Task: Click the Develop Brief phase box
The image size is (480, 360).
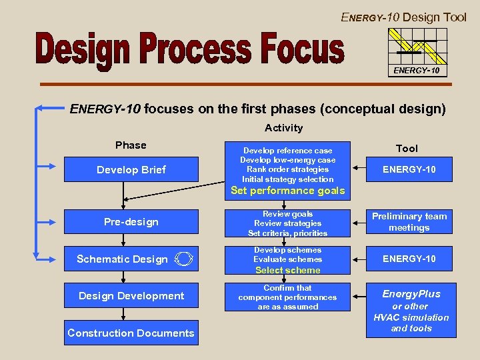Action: click(131, 169)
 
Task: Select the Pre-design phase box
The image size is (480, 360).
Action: click(131, 221)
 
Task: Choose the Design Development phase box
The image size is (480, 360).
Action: click(131, 295)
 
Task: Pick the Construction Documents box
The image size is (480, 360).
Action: click(131, 333)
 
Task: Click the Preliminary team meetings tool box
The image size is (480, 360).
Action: click(409, 221)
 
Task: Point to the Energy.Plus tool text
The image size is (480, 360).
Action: click(411, 293)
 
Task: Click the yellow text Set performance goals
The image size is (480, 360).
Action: click(287, 191)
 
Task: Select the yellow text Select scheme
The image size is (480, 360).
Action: click(287, 270)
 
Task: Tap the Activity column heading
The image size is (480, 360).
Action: click(283, 128)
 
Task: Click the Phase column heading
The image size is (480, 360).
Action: click(131, 145)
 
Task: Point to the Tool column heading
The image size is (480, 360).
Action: click(407, 149)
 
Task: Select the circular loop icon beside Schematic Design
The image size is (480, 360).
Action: click(185, 259)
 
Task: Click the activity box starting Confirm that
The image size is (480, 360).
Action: click(287, 297)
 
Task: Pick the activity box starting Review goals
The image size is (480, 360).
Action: click(287, 223)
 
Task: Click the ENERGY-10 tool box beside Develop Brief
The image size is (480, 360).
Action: click(409, 169)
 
